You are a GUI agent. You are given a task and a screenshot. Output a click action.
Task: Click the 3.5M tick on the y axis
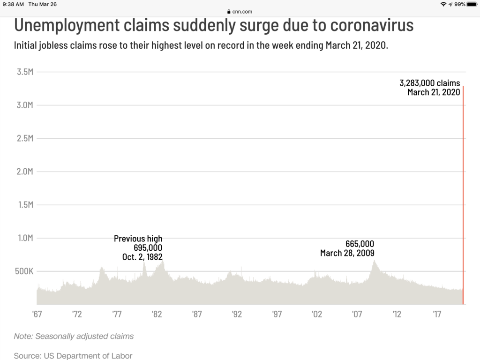[25, 72]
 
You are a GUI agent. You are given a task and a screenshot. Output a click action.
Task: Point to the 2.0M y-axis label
[25, 172]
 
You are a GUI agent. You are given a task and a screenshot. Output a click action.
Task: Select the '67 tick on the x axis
[37, 314]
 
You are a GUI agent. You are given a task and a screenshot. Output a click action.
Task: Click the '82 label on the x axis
[157, 314]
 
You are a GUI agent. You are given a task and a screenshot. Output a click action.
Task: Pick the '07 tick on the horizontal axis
[357, 314]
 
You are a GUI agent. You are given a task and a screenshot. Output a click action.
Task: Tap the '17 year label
[437, 314]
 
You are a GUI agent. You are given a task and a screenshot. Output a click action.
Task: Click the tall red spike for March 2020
[463, 197]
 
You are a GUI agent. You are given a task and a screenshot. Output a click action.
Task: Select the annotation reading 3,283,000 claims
[429, 83]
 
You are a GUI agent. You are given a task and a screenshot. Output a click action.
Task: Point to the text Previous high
[138, 239]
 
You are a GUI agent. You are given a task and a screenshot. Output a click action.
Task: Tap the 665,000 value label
[360, 244]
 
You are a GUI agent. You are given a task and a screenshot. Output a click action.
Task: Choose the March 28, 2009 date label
[347, 253]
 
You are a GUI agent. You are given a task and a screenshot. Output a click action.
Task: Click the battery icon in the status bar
[472, 4]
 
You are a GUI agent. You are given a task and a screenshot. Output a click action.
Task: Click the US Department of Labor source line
[73, 356]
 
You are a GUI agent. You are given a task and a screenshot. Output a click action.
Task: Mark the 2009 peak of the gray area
[374, 262]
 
